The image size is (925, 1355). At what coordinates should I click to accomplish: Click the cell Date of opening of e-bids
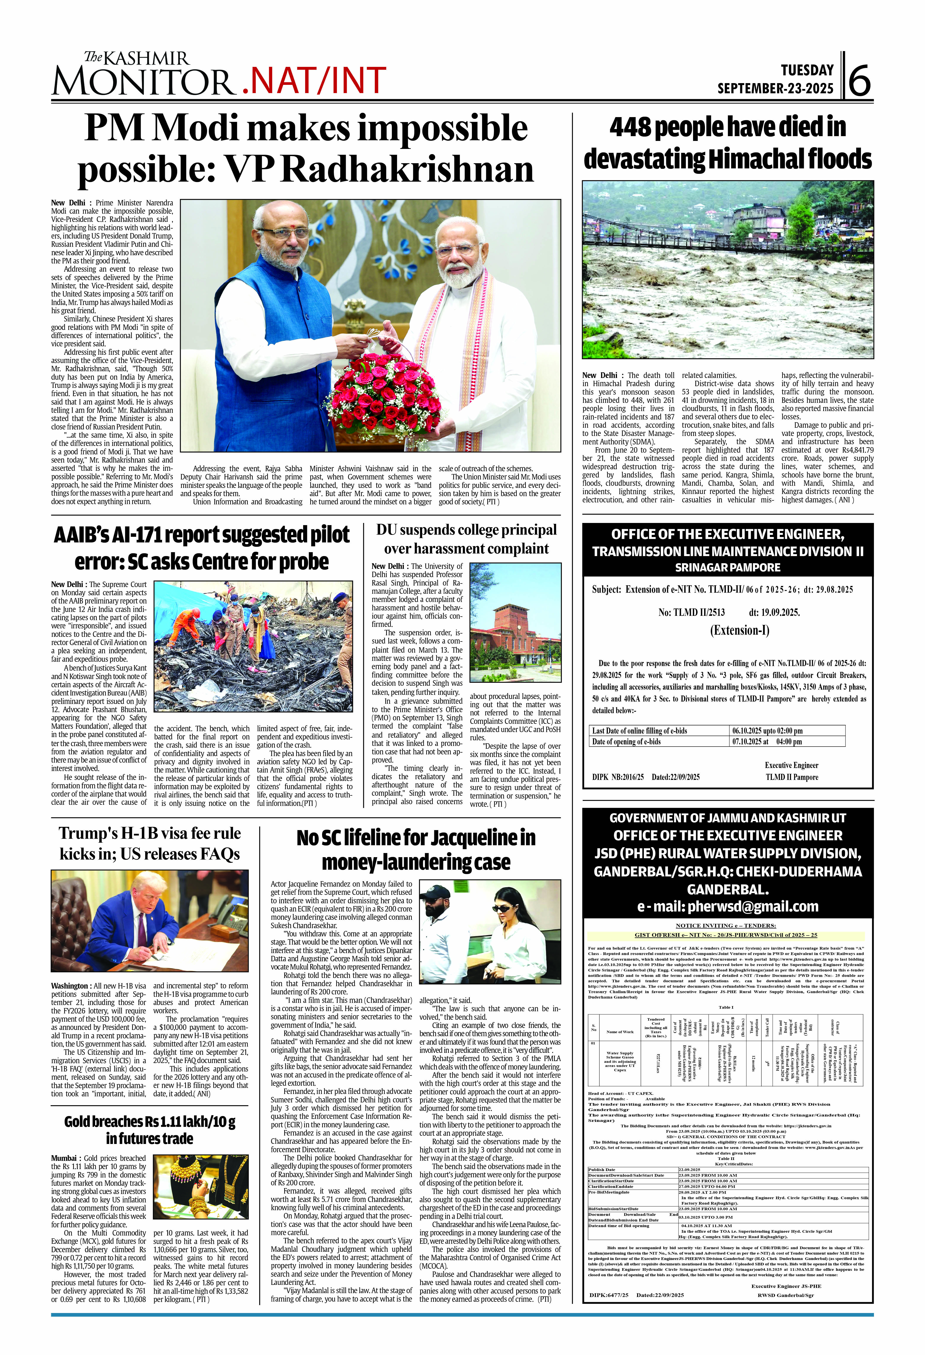point(627,742)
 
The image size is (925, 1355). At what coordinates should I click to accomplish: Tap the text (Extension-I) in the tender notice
point(739,630)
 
